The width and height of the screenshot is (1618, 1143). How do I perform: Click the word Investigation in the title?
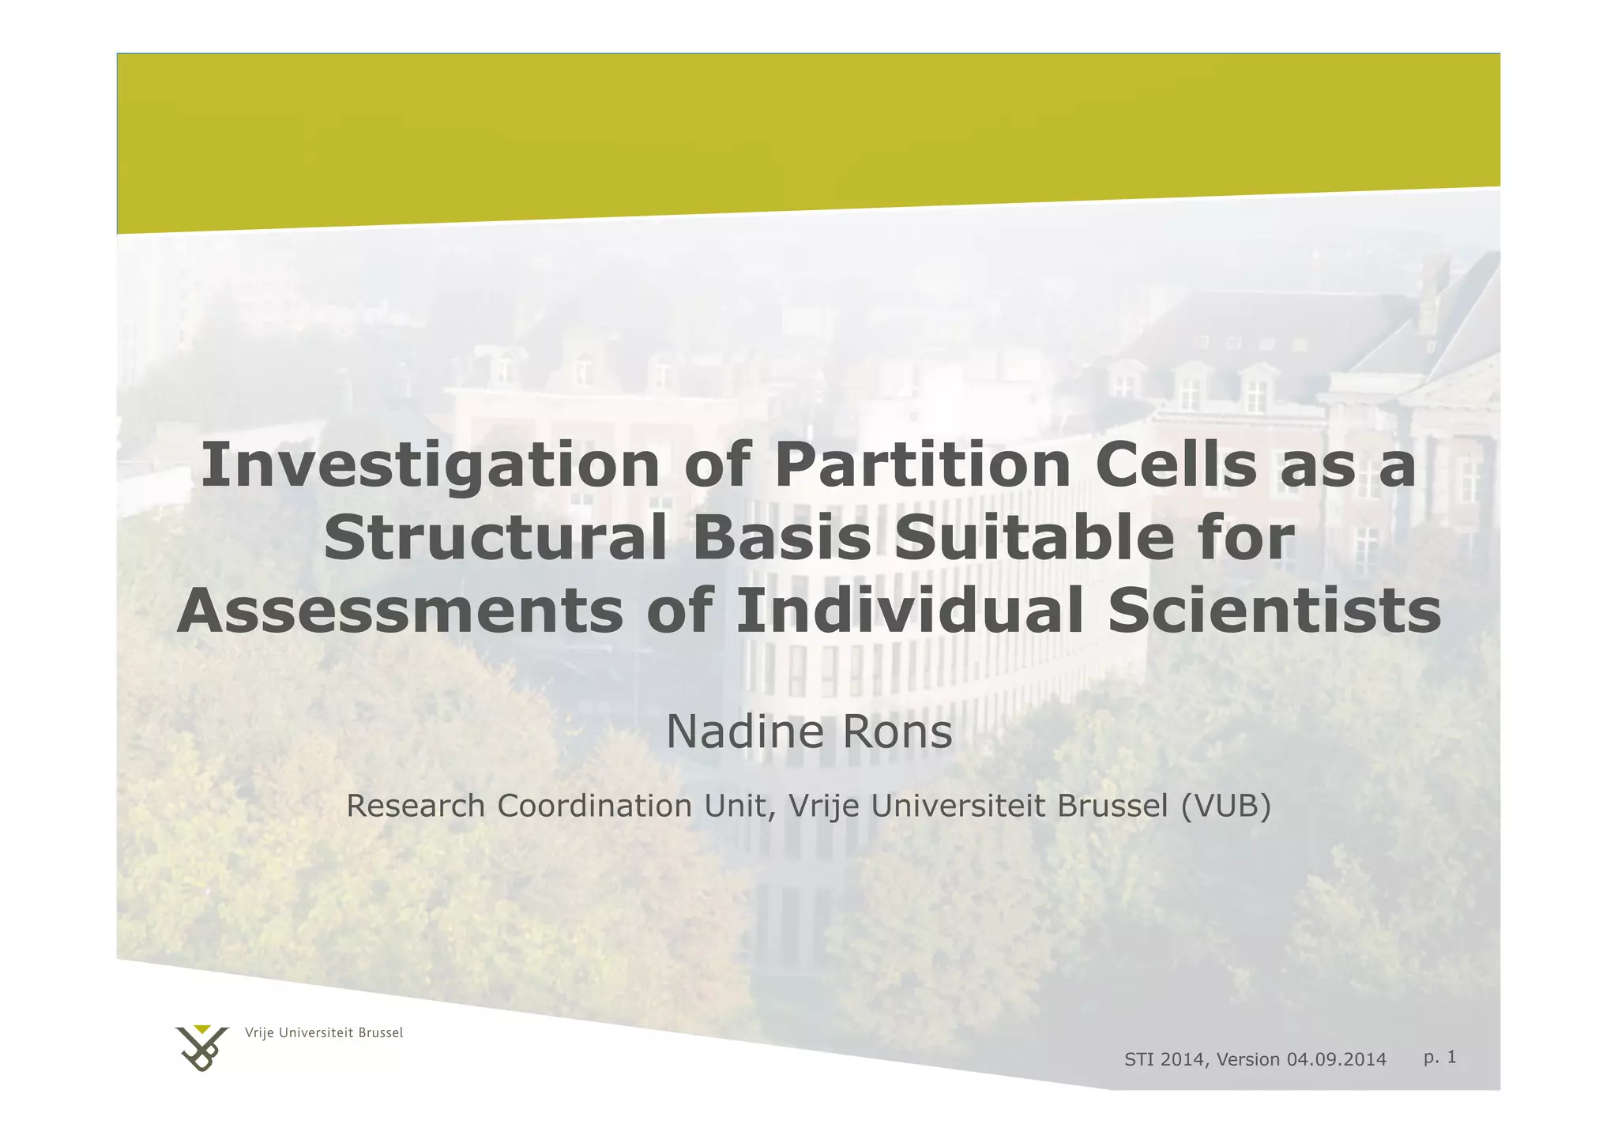point(431,466)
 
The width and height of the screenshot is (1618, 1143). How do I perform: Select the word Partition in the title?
point(922,466)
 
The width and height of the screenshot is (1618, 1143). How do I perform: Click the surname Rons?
point(897,732)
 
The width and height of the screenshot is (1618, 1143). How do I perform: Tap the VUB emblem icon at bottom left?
point(202,1048)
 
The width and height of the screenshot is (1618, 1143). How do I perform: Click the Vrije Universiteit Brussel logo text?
point(324,1033)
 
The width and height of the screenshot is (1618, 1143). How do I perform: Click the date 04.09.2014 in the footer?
point(1336,1060)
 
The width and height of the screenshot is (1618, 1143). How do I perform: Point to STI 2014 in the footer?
point(1165,1060)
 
